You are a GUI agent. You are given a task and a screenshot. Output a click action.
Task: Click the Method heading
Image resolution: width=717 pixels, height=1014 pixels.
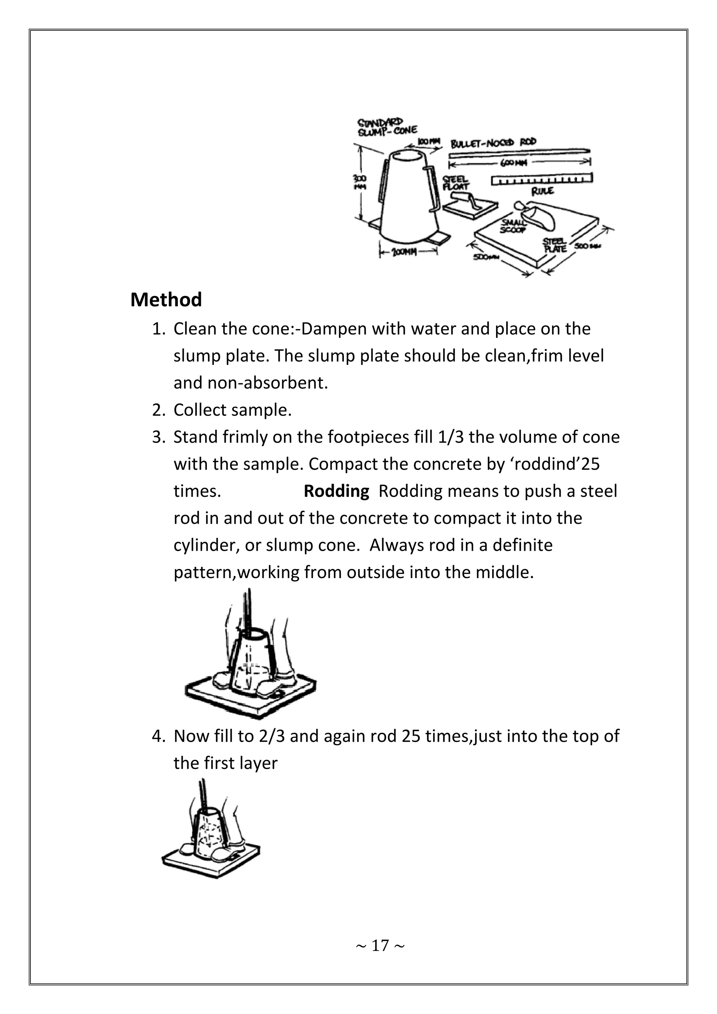166,300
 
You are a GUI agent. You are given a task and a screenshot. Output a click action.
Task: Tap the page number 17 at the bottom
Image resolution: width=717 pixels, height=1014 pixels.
380,945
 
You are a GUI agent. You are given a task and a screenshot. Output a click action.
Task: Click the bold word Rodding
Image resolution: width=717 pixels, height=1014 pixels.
336,491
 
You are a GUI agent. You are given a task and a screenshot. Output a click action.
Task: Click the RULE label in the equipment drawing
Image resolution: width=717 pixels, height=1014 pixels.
543,191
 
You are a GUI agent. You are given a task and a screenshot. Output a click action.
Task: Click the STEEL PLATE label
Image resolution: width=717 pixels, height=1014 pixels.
554,245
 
